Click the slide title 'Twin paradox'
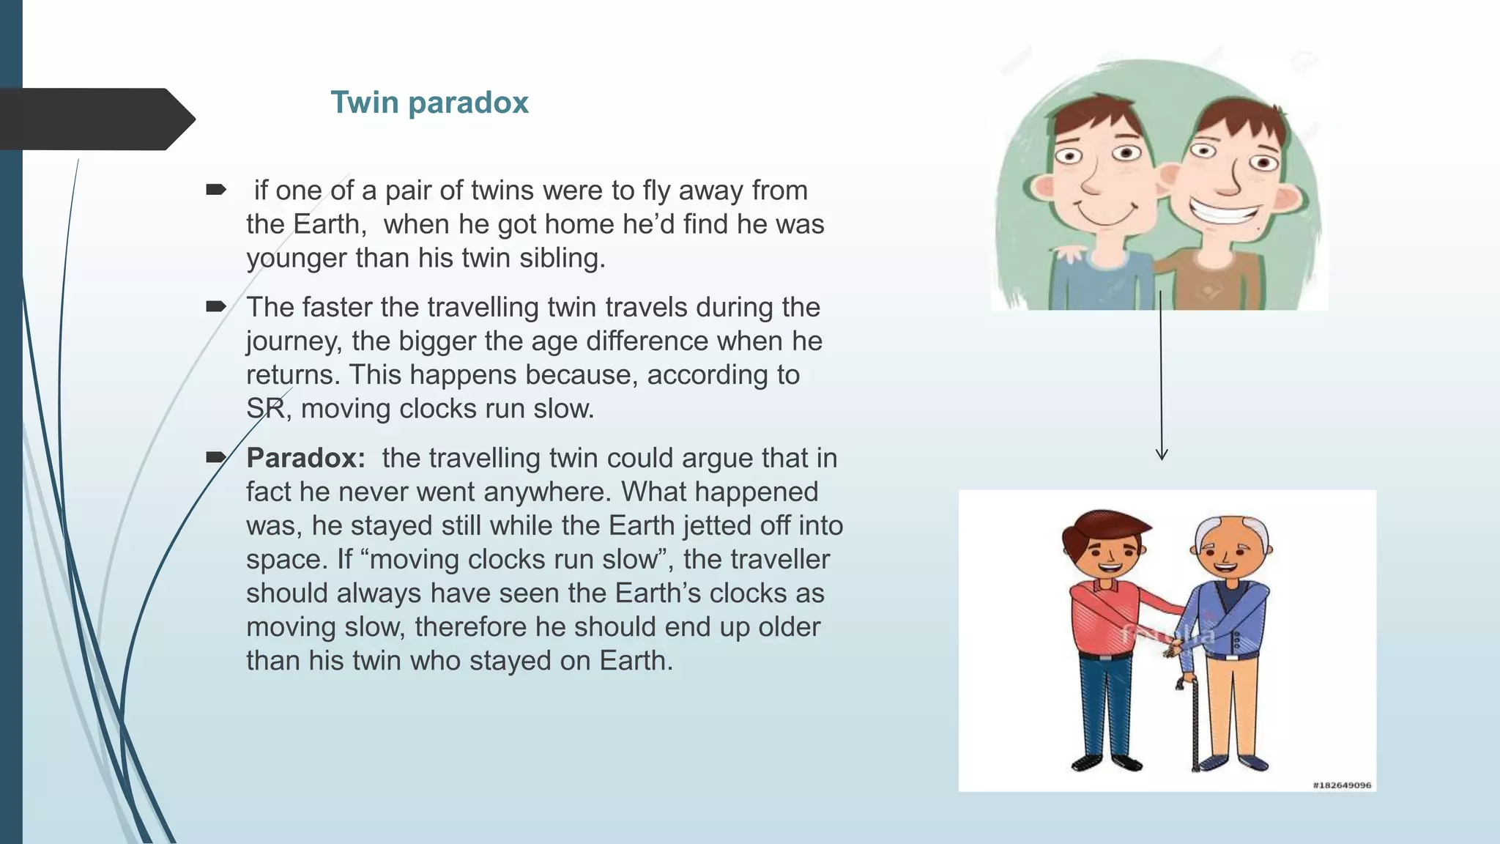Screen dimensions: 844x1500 tap(429, 103)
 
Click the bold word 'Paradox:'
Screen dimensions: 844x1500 tap(305, 458)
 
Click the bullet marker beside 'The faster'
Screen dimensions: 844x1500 tap(216, 306)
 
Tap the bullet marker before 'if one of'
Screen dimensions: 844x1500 tap(216, 190)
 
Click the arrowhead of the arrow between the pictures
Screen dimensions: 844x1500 tap(1162, 454)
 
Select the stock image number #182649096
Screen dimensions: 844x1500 tap(1342, 785)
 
